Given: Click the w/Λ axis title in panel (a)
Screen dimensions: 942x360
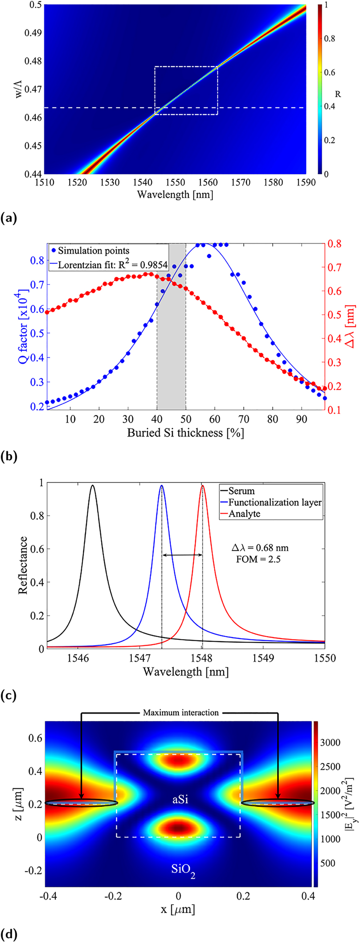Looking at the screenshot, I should tap(16, 89).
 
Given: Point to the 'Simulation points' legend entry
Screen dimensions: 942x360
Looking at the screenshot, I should tap(94, 251).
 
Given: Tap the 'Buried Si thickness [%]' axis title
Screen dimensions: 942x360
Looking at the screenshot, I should tap(185, 432).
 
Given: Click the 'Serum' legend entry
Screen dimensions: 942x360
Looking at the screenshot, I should tap(241, 491).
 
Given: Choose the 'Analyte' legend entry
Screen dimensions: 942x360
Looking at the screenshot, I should tap(244, 514).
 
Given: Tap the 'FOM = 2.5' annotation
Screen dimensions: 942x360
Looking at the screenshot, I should tap(260, 559).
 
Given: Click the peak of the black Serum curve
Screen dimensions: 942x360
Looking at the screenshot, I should tap(93, 486).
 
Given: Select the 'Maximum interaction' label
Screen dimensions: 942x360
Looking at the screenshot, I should tap(180, 712).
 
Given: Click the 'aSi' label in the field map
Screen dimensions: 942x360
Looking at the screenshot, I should tap(180, 799).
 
